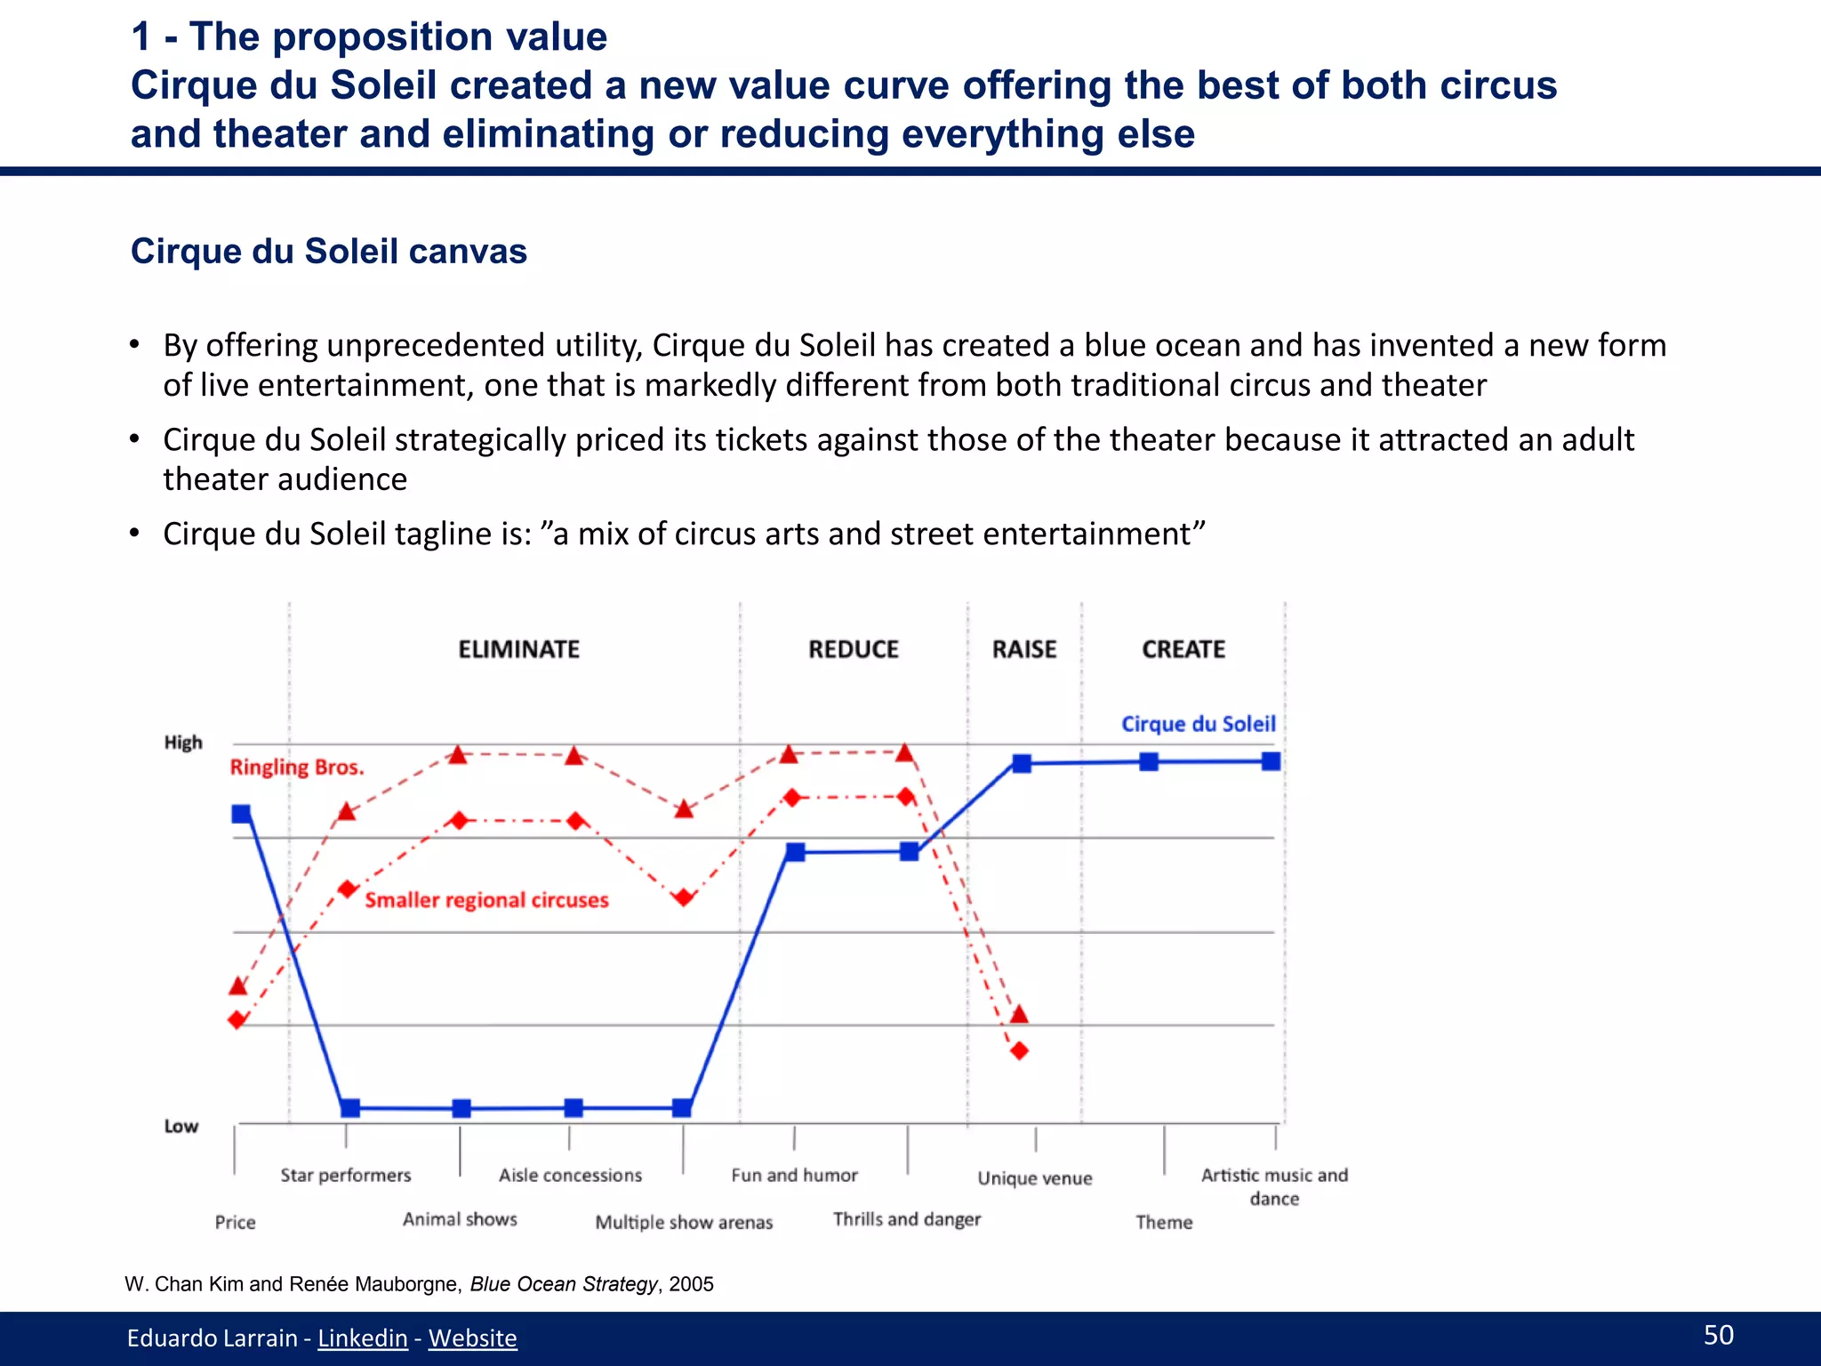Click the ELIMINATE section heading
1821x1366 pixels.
click(518, 649)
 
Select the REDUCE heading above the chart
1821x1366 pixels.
click(853, 649)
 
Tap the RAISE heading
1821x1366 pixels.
click(1024, 649)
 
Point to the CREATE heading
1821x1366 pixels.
click(1183, 649)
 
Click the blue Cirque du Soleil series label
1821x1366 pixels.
click(1198, 724)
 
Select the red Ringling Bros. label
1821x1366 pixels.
click(297, 767)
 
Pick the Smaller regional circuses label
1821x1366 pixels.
click(486, 900)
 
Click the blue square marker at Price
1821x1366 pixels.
click(241, 814)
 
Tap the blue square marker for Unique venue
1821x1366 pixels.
click(1023, 763)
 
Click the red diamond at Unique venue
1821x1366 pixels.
click(1020, 1051)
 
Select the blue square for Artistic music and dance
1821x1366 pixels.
click(1271, 761)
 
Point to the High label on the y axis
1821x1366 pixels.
click(183, 743)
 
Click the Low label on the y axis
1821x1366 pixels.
click(181, 1126)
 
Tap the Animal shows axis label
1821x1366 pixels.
click(460, 1219)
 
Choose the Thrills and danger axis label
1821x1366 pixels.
click(907, 1219)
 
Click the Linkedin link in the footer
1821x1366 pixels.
click(362, 1338)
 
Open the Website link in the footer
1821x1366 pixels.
click(472, 1338)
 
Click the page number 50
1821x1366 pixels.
click(1718, 1335)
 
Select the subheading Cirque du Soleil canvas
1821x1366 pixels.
click(329, 252)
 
